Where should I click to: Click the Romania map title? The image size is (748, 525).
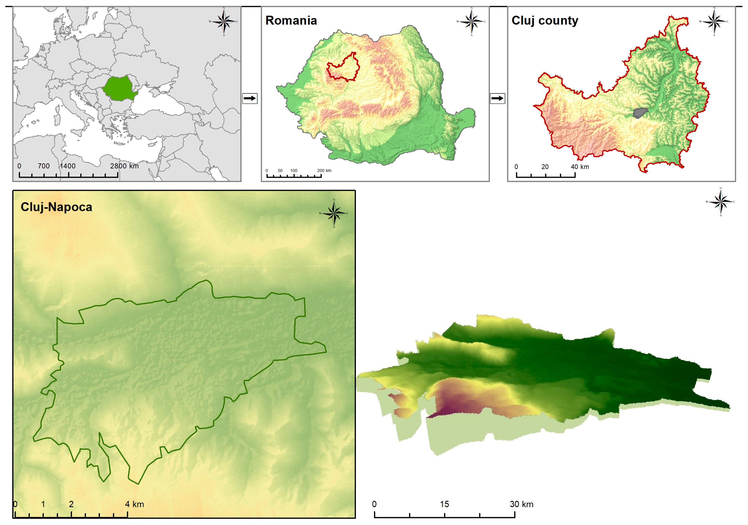291,20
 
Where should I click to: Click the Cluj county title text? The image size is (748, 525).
545,20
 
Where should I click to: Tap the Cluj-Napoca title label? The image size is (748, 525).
56,207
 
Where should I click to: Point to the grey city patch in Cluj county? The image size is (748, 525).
640,113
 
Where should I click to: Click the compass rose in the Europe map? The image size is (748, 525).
224,22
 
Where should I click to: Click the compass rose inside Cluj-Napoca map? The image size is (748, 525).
334,213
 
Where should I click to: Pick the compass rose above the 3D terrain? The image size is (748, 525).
721,202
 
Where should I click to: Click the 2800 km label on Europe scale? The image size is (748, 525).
124,166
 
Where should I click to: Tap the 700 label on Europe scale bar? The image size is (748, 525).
44,166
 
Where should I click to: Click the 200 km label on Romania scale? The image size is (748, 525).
324,171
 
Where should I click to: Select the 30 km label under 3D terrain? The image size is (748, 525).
521,504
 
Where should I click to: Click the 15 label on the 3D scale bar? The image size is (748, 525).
444,504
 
